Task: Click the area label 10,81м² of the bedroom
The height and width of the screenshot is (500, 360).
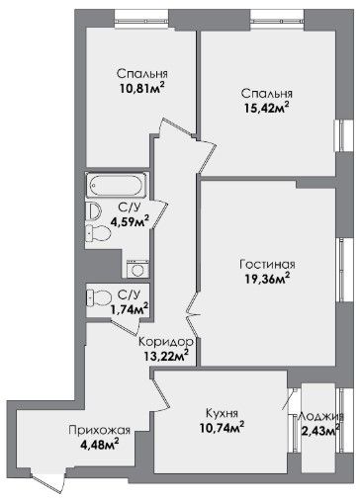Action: [x=142, y=88]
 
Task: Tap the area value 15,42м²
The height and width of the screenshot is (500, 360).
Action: [x=267, y=108]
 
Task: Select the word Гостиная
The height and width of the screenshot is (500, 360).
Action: [x=268, y=265]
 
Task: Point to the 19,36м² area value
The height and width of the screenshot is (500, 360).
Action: [x=267, y=279]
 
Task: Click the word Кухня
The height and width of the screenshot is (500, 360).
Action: [x=222, y=413]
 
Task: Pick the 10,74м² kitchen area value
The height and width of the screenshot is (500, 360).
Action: [x=222, y=428]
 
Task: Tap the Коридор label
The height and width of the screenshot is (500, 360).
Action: [x=166, y=342]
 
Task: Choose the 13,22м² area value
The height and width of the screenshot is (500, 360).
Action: [x=166, y=356]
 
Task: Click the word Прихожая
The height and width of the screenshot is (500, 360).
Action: [x=100, y=430]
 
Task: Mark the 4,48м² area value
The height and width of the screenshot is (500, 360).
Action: [x=100, y=445]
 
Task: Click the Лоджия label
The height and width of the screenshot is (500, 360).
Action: [x=320, y=416]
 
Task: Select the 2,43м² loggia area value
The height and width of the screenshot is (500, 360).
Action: [x=320, y=430]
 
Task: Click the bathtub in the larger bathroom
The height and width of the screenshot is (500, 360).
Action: [x=117, y=186]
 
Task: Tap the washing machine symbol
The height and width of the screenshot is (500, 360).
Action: [x=137, y=269]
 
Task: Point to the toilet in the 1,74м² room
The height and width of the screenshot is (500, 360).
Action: [x=98, y=297]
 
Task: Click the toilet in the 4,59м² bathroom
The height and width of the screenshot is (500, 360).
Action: [x=98, y=233]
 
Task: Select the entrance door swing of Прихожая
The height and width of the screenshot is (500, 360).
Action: [x=47, y=480]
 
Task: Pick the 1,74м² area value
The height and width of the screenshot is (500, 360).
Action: [x=130, y=309]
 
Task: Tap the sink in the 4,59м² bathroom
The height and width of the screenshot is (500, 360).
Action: [x=93, y=211]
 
